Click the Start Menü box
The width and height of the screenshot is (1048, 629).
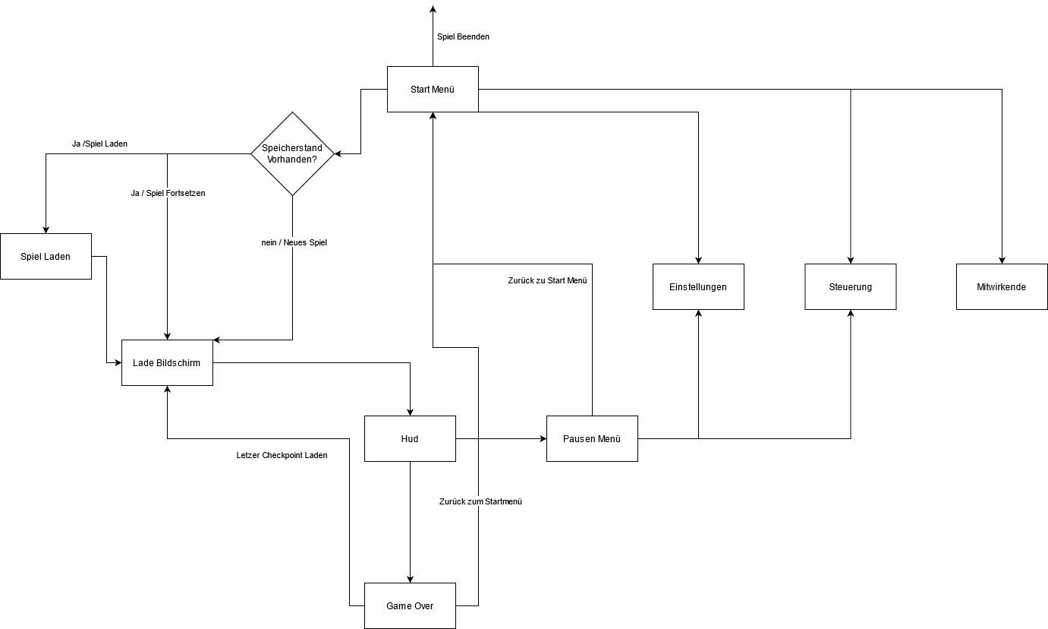tap(433, 89)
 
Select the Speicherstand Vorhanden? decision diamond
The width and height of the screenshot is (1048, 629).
tap(292, 153)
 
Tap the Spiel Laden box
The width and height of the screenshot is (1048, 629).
tap(46, 256)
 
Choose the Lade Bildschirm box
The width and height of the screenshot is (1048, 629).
tap(167, 362)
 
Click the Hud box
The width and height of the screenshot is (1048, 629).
tap(410, 438)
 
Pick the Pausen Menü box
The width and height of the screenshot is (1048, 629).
tap(592, 438)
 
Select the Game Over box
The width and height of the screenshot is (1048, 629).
tap(410, 605)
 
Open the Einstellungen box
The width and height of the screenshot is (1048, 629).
tap(698, 286)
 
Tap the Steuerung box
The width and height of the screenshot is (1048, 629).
tap(850, 286)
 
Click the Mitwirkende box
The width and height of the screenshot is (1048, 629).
tap(1002, 286)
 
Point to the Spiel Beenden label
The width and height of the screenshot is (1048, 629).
tap(463, 36)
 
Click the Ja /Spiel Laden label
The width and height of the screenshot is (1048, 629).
tap(95, 143)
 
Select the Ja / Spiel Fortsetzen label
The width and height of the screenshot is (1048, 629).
tap(168, 193)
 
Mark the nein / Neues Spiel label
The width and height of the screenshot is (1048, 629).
tap(294, 242)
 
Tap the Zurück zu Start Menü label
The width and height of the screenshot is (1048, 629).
tap(547, 280)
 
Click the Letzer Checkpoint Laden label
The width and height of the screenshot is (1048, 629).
tap(282, 455)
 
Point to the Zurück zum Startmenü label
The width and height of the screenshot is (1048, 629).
tap(480, 501)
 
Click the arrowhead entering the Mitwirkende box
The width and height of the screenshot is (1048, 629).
tap(1002, 260)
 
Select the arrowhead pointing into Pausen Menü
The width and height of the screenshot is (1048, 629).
tap(543, 438)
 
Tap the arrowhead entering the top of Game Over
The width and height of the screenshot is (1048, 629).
tap(410, 579)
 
